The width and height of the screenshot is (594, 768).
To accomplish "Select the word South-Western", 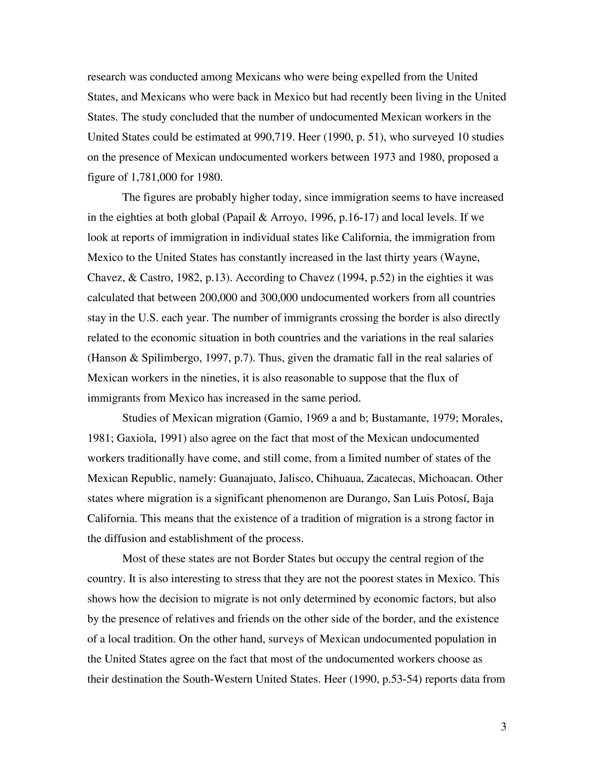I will click(218, 679).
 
